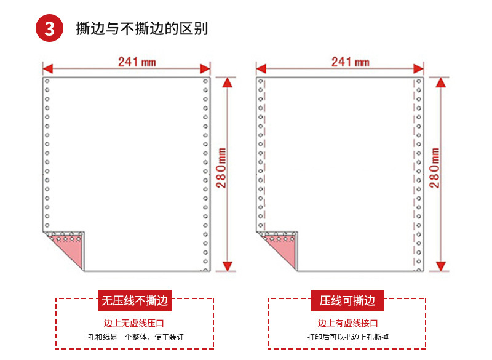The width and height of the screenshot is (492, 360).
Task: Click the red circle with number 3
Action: point(49,28)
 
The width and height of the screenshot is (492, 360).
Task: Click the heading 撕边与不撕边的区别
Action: point(142,28)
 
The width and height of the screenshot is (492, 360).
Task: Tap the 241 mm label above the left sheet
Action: point(137,62)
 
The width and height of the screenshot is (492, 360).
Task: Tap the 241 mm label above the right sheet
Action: point(350,62)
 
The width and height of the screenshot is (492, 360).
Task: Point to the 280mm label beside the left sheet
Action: point(221,168)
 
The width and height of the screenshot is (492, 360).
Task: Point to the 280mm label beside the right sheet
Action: point(435,168)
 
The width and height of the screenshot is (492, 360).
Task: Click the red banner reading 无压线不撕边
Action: point(135,300)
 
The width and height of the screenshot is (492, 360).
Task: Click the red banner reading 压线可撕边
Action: point(347,300)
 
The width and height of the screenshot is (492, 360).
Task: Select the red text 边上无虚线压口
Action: point(133,323)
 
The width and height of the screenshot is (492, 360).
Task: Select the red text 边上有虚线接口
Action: point(347,323)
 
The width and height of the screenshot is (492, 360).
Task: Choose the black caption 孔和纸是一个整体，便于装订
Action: point(136,337)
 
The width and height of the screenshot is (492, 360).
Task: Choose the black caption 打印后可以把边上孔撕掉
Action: point(348,337)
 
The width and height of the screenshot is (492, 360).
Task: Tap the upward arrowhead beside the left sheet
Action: point(228,82)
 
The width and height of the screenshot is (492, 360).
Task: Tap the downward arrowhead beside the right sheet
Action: point(441,266)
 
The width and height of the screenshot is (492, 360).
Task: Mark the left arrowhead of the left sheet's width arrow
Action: point(48,69)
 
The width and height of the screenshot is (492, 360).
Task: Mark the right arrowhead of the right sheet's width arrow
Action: point(419,69)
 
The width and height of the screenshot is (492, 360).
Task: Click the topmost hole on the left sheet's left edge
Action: point(47,81)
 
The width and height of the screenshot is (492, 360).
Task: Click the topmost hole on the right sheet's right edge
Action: point(419,82)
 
